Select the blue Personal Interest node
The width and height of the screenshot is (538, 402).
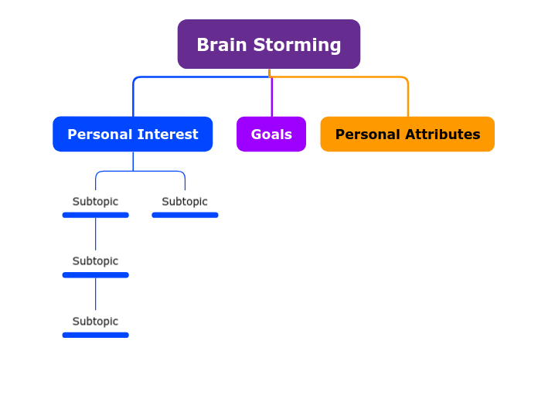(x=133, y=134)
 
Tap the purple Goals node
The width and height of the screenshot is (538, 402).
(x=271, y=134)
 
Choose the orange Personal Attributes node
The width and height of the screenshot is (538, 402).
(x=407, y=134)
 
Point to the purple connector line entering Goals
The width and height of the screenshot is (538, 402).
(x=271, y=97)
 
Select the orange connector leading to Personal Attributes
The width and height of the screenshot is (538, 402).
(x=407, y=97)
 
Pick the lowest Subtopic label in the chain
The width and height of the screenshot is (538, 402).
(x=95, y=322)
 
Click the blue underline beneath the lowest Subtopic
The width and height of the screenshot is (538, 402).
(x=95, y=335)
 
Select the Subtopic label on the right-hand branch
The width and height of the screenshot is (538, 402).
(x=185, y=202)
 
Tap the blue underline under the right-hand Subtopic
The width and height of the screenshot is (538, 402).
(x=185, y=215)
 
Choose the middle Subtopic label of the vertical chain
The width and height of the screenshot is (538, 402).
(x=95, y=261)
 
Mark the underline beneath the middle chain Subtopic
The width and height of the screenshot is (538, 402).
(x=95, y=274)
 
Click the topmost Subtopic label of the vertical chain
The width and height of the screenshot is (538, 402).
(x=95, y=202)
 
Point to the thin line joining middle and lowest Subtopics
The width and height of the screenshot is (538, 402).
(x=95, y=294)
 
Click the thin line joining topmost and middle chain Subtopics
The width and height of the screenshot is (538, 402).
(x=95, y=233)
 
